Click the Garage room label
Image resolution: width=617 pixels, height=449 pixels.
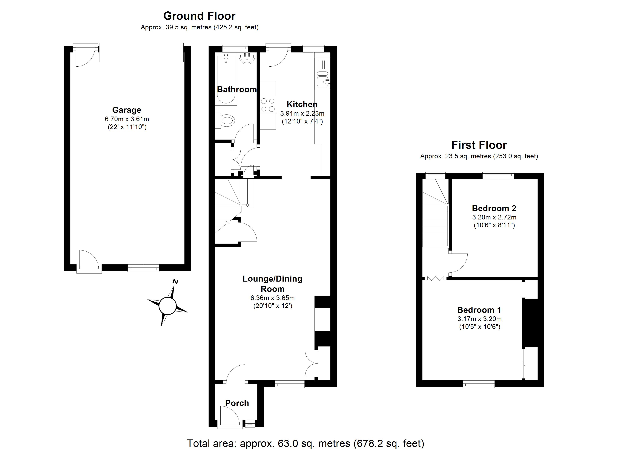[x=127, y=110]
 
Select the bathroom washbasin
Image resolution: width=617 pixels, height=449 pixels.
[x=247, y=58]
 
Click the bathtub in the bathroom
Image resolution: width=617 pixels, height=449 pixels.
[x=226, y=80]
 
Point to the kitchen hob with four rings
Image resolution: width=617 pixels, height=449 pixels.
[x=268, y=105]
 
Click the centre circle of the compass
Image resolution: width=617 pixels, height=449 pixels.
[x=167, y=306]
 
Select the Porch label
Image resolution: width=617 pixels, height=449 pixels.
[x=237, y=403]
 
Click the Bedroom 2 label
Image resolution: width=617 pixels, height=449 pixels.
[x=494, y=208]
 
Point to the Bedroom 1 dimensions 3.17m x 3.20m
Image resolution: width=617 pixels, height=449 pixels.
[x=479, y=319]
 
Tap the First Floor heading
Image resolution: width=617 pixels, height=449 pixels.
[x=479, y=145]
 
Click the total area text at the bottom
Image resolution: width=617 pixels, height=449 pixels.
[x=305, y=443]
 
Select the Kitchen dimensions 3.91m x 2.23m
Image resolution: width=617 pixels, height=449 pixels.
[x=302, y=113]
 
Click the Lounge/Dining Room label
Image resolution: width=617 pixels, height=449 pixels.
[x=272, y=284]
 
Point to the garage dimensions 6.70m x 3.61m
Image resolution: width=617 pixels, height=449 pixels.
[x=127, y=119]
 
